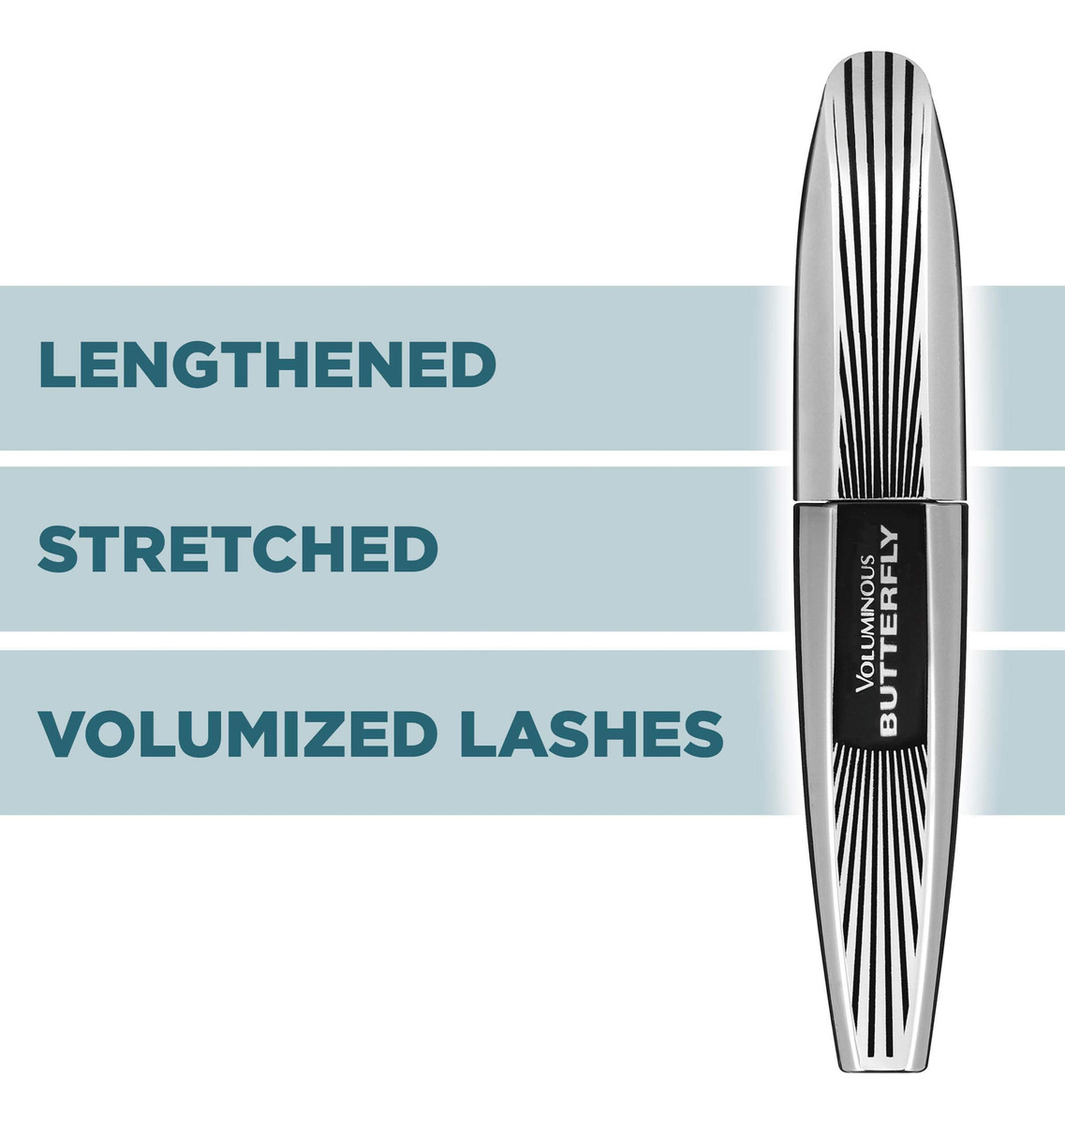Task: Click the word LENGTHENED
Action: (267, 365)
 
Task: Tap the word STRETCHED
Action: (238, 550)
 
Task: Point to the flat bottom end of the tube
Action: (878, 1064)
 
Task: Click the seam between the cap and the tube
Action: (878, 501)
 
